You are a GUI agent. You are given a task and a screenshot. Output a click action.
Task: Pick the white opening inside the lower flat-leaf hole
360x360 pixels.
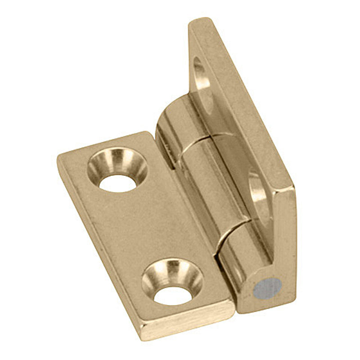173,295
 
